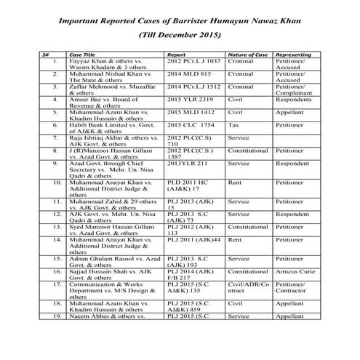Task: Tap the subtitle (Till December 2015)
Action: pyautogui.click(x=180, y=34)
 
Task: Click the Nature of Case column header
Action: pyautogui.click(x=245, y=55)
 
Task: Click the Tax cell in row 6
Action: pyautogui.click(x=234, y=125)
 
